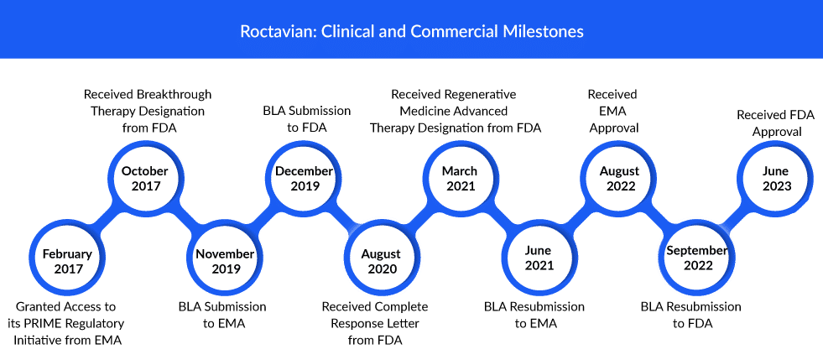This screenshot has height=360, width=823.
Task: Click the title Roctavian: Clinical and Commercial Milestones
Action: tap(411, 32)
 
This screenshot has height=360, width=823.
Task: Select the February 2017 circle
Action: tap(67, 261)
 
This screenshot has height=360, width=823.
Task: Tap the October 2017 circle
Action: tap(145, 179)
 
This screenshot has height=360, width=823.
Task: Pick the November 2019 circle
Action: tap(225, 261)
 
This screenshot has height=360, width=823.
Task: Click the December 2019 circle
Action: tap(305, 179)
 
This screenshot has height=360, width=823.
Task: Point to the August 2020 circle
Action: tap(381, 261)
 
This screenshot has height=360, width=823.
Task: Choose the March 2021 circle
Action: tap(459, 179)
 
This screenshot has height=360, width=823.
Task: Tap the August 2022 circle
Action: tap(619, 179)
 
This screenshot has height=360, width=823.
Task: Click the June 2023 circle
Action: tap(777, 179)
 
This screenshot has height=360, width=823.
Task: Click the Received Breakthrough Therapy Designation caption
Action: tap(148, 112)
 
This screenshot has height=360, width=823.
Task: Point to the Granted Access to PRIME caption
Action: tap(67, 323)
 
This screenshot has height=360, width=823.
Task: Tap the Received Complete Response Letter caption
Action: tap(375, 323)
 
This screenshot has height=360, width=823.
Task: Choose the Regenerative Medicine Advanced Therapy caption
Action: tap(455, 112)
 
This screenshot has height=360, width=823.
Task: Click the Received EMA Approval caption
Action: tap(612, 112)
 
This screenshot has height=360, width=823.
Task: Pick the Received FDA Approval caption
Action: tap(776, 123)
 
